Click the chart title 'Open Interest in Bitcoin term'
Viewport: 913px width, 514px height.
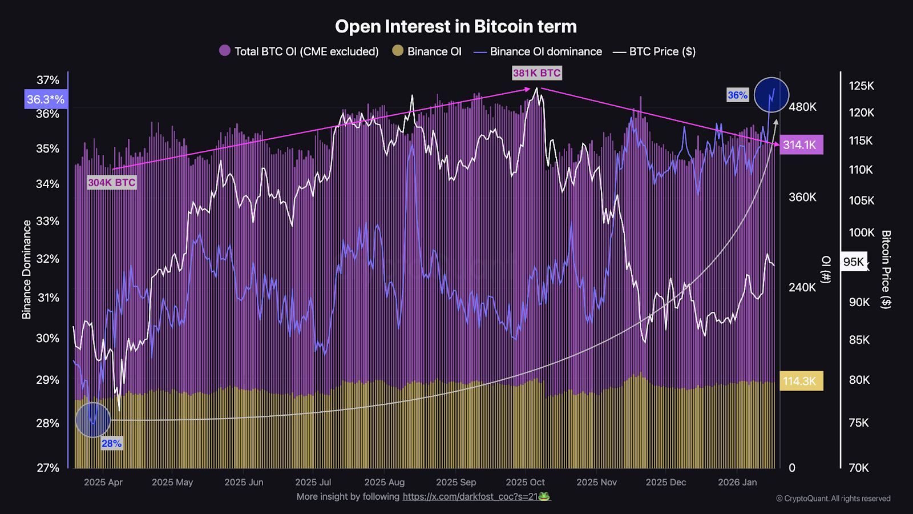pos(456,26)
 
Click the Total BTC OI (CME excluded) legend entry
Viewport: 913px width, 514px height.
pos(299,51)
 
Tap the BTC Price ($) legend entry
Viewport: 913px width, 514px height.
pos(655,51)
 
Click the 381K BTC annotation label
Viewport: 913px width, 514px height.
pos(536,73)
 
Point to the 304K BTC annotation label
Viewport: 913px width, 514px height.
pos(112,183)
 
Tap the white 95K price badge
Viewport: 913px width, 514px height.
pos(854,262)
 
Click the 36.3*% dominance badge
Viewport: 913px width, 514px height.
pos(46,99)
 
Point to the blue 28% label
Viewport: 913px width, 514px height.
pos(111,444)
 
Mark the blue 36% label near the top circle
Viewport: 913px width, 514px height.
pos(737,95)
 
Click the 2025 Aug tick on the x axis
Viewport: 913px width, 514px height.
pos(385,483)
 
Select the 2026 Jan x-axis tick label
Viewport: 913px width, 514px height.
pos(737,483)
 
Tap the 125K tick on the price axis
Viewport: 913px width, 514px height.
pos(862,86)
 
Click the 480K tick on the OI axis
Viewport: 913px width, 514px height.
pos(802,107)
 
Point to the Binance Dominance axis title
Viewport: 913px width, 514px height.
pos(27,270)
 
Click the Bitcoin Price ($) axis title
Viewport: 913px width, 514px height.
pos(886,270)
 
